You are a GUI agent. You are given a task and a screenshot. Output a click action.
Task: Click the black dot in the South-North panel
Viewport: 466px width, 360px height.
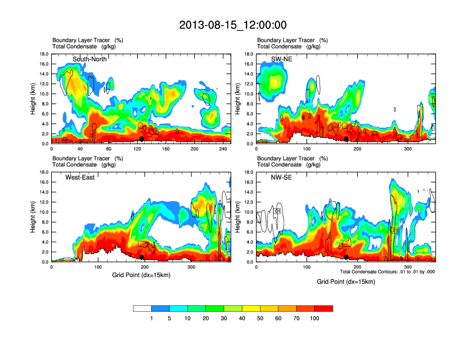(x=142, y=139)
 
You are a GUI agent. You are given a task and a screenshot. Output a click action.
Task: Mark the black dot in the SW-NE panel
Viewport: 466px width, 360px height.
(x=347, y=139)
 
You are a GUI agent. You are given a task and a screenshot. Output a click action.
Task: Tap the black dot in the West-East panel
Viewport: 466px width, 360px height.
(x=142, y=257)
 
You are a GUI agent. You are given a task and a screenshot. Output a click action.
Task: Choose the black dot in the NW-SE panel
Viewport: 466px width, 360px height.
(x=347, y=257)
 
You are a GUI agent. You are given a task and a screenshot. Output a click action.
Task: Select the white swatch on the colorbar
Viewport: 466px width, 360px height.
(x=142, y=308)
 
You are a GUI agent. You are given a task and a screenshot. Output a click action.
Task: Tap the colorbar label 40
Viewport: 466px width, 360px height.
(x=242, y=318)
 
